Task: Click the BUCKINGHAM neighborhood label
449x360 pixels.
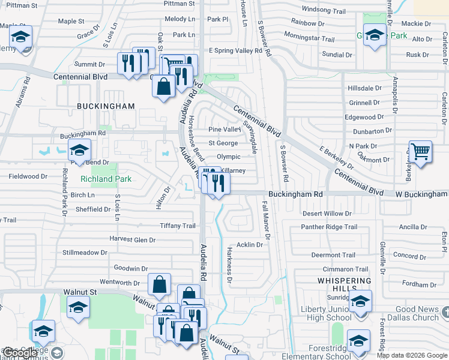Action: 106,106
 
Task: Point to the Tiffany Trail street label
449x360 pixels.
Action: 178,226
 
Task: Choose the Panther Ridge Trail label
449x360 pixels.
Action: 329,227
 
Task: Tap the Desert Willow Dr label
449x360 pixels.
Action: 327,214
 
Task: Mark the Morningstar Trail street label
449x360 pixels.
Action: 309,38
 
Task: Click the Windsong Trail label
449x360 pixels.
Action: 324,10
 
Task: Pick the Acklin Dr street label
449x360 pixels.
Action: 250,245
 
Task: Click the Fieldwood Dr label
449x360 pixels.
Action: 28,176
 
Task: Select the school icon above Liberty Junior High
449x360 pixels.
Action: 360,301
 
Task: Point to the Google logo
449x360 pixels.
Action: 20,353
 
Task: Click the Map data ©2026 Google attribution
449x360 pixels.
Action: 412,355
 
